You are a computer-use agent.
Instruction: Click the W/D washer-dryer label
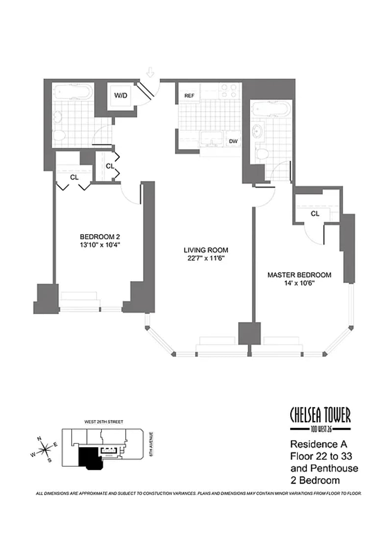[121, 95]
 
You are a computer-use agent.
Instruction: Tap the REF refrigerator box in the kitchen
[189, 96]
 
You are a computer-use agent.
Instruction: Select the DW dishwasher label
[233, 141]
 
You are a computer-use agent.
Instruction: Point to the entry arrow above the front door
[150, 72]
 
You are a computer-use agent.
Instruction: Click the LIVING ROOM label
[203, 250]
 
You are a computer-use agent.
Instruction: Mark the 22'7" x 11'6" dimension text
[203, 258]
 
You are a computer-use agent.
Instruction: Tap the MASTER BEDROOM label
[299, 275]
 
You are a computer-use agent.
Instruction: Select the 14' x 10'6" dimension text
[299, 284]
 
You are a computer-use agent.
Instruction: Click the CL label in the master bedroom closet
[315, 214]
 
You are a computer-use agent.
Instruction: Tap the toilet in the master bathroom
[263, 153]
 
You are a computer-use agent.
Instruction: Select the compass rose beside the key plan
[46, 448]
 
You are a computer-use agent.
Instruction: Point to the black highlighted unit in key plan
[88, 456]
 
